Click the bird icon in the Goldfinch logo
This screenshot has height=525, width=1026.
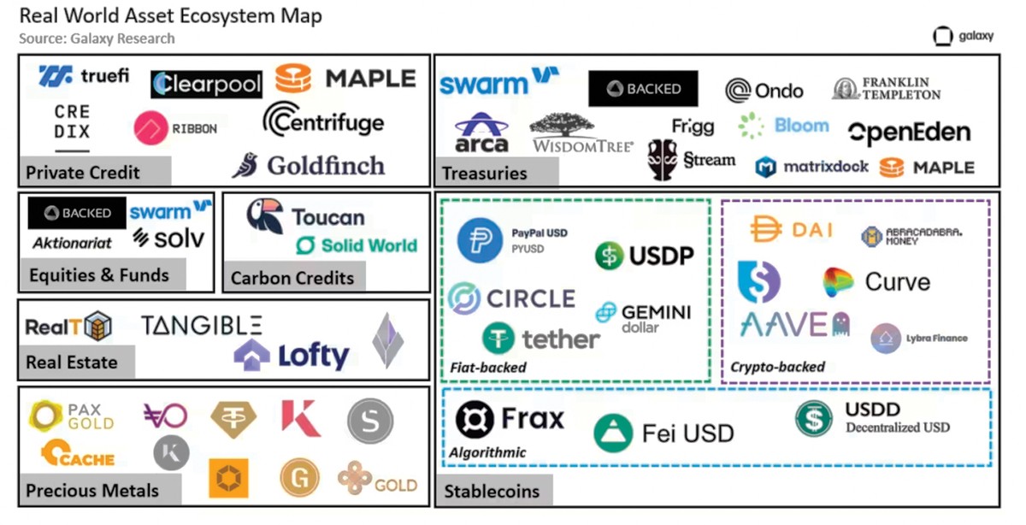pyautogui.click(x=245, y=165)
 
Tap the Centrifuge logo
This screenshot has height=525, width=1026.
pyautogui.click(x=323, y=121)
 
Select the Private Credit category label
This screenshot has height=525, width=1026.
pyautogui.click(x=83, y=173)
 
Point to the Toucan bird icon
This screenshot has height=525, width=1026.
pyautogui.click(x=265, y=216)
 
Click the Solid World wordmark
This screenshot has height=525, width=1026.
pyautogui.click(x=369, y=245)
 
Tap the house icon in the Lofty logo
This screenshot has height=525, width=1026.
pyautogui.click(x=251, y=355)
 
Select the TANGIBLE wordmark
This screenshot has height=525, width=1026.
pyautogui.click(x=202, y=325)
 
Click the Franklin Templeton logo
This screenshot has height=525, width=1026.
pyautogui.click(x=887, y=88)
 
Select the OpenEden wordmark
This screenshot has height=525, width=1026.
pyautogui.click(x=909, y=133)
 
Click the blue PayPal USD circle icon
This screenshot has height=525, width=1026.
pyautogui.click(x=480, y=240)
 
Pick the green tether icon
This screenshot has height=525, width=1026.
pyautogui.click(x=498, y=339)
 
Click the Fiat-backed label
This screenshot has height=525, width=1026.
pyautogui.click(x=488, y=368)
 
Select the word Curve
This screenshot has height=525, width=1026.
pyautogui.click(x=898, y=281)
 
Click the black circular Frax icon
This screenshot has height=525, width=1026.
pyautogui.click(x=475, y=419)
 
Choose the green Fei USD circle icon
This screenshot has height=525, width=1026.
pyautogui.click(x=612, y=433)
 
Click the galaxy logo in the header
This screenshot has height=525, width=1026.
pyautogui.click(x=964, y=37)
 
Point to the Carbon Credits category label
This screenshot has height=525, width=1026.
pyautogui.click(x=292, y=278)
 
